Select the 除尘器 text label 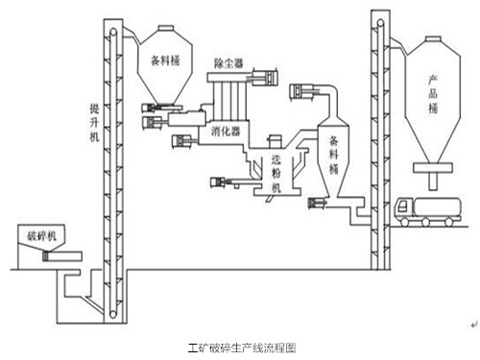(234, 63)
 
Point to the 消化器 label (227, 131)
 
